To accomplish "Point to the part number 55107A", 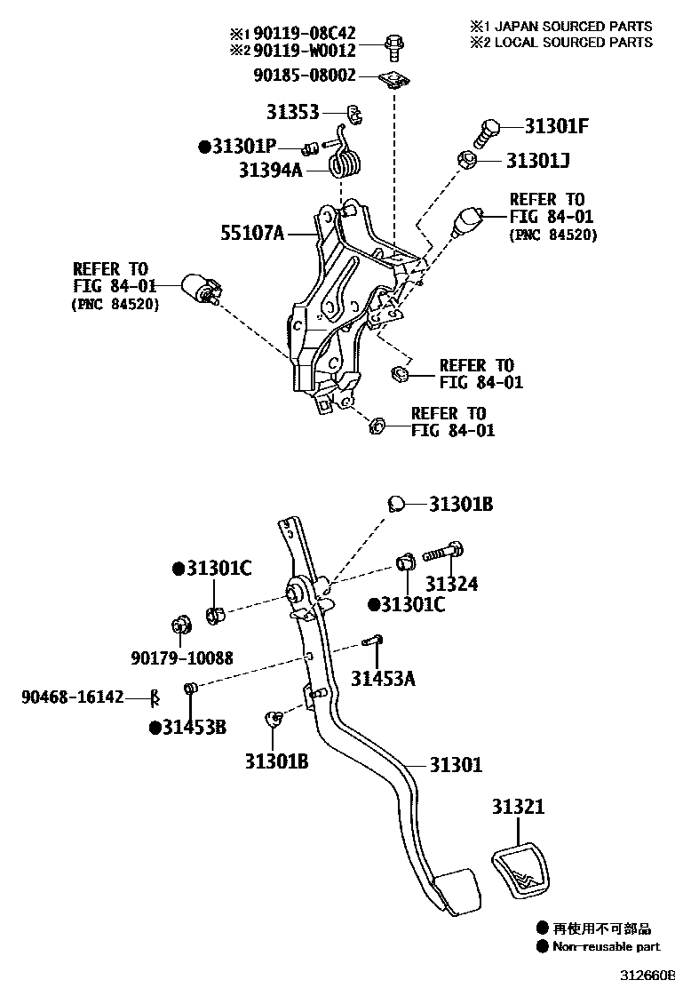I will (252, 235).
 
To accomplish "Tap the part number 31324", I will (451, 584).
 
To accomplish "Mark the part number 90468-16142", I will (73, 697).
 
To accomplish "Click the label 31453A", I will (382, 680).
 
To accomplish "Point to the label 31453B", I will (193, 728).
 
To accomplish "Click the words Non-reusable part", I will (607, 947).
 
